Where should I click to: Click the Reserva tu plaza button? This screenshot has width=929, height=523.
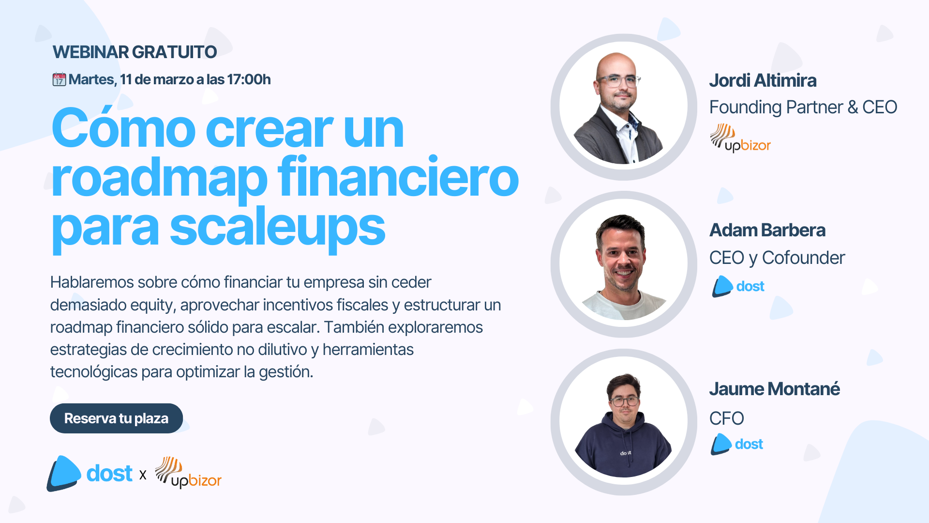[x=116, y=418]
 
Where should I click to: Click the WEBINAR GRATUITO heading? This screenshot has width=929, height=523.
[x=135, y=52]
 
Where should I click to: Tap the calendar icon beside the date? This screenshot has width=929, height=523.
[x=59, y=79]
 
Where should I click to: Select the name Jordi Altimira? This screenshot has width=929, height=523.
[x=763, y=80]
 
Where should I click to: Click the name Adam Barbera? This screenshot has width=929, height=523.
[x=767, y=231]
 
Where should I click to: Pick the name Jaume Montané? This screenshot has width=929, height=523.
[x=774, y=389]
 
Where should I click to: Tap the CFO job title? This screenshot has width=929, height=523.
[x=726, y=418]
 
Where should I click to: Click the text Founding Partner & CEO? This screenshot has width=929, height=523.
[x=803, y=108]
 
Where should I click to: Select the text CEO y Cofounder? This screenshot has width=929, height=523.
[x=777, y=258]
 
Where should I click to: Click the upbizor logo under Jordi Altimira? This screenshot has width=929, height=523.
[x=740, y=138]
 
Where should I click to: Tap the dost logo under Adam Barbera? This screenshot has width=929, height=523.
[x=738, y=286]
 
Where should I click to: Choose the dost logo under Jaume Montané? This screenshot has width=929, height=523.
[x=737, y=444]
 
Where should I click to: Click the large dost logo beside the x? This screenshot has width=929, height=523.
[x=90, y=473]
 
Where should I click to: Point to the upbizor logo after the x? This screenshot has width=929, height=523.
[x=188, y=472]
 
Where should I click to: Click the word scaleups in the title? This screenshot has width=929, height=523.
[x=277, y=228]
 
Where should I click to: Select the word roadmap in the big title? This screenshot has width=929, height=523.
[x=159, y=178]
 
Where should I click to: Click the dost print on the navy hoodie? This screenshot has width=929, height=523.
[x=626, y=453]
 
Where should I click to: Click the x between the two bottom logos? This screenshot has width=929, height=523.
[x=143, y=475]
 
